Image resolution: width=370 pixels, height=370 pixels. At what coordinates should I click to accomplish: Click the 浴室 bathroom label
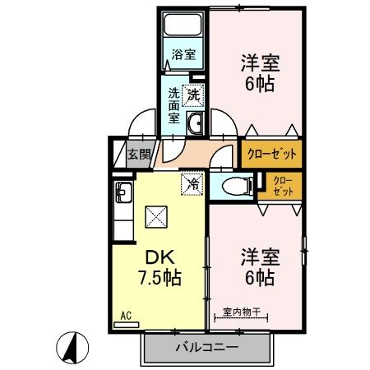(183, 55)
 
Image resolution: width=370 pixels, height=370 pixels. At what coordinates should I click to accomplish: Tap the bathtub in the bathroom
(183, 25)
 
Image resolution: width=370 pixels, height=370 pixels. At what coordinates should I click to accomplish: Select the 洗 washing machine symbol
(193, 95)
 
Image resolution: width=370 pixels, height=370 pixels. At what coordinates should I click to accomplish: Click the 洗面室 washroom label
(173, 106)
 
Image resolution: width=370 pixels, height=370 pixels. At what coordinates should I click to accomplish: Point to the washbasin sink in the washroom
(196, 124)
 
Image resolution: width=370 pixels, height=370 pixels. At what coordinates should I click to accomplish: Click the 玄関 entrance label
(139, 153)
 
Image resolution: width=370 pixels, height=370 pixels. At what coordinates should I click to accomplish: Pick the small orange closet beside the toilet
(281, 185)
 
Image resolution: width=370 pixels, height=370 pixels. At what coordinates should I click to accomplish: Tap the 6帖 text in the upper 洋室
(257, 82)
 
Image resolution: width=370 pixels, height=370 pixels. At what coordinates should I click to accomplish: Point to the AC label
(126, 315)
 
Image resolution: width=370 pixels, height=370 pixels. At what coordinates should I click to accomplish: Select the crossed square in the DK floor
(155, 217)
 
